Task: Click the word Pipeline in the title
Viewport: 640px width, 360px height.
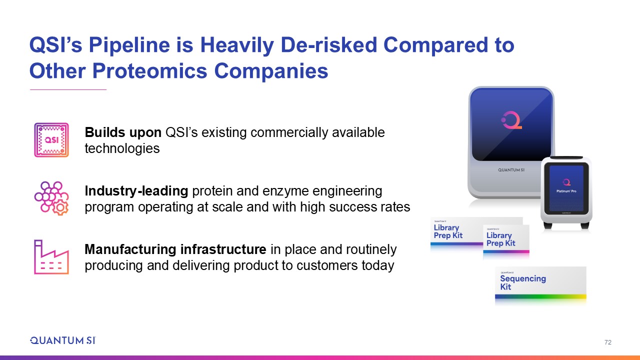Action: click(x=129, y=45)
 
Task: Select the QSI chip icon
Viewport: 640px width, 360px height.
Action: click(x=51, y=140)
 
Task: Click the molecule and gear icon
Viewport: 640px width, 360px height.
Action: click(x=51, y=198)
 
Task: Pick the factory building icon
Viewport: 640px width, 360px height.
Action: click(x=51, y=257)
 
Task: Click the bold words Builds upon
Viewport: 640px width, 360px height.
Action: click(x=123, y=132)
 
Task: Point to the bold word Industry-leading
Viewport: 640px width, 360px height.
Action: click(x=136, y=191)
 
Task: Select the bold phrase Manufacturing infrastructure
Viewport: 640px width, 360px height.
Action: click(x=175, y=249)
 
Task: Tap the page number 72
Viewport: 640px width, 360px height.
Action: click(x=608, y=342)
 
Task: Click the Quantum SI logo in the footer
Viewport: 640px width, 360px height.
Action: click(x=63, y=340)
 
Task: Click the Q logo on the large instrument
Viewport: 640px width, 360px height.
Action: click(x=511, y=120)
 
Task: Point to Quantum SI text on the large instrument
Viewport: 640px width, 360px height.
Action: click(x=511, y=170)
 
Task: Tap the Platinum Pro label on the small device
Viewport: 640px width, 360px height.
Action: click(x=566, y=191)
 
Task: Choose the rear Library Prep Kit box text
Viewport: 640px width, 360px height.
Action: click(x=448, y=231)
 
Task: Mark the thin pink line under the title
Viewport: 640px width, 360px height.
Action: click(x=68, y=89)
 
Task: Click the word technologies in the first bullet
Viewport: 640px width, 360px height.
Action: click(x=122, y=148)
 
